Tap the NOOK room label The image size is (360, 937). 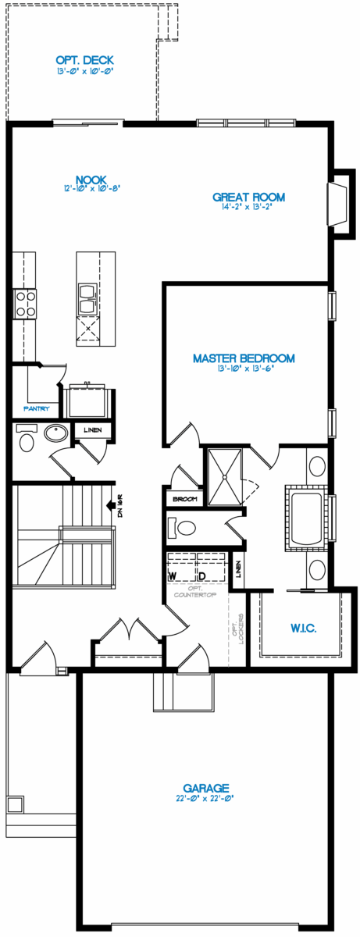[x=91, y=180]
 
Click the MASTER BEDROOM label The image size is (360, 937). [x=244, y=358]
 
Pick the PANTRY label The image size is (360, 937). [x=37, y=408]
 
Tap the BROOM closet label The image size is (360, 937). [x=184, y=497]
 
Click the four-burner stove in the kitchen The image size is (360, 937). [x=24, y=303]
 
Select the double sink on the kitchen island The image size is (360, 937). [x=85, y=293]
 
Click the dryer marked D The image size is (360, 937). [x=201, y=575]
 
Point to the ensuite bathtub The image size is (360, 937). [x=308, y=517]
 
